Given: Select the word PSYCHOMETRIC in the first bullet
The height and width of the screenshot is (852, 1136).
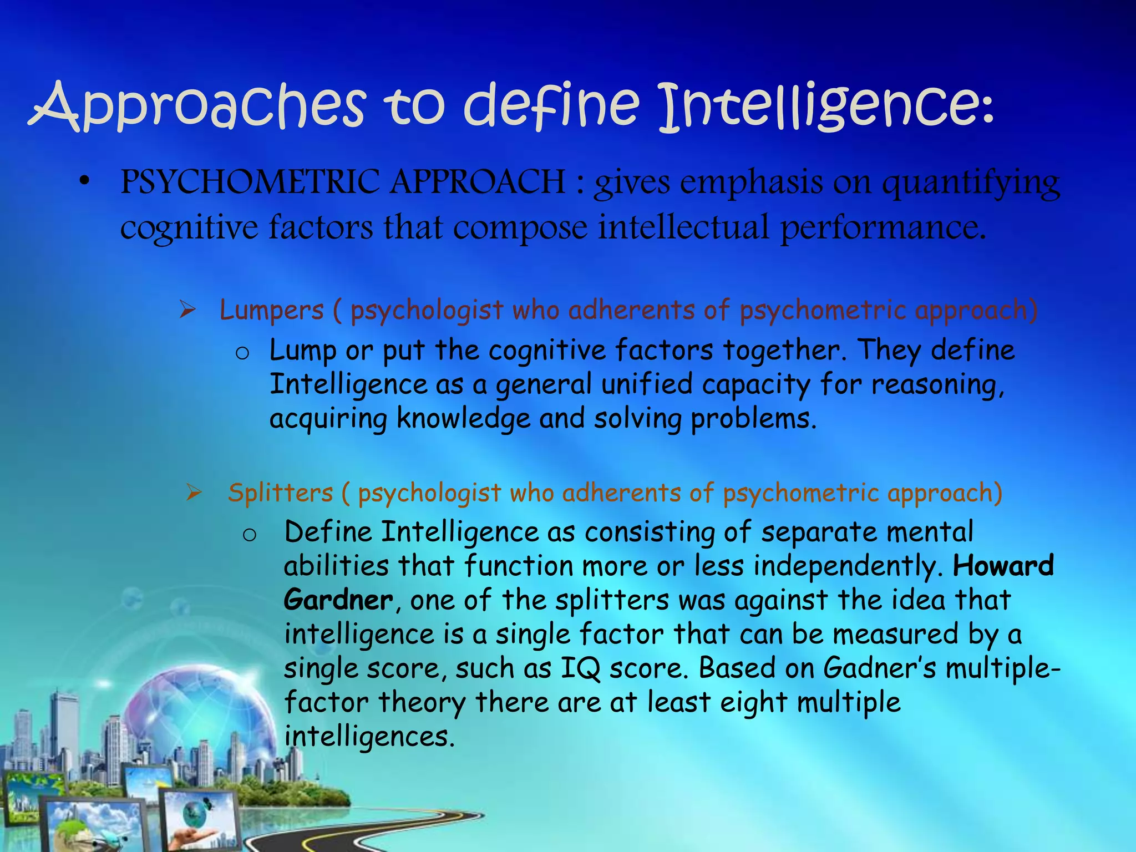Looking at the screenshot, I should tap(250, 182).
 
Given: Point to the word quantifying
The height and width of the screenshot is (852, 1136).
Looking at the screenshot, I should tap(971, 183).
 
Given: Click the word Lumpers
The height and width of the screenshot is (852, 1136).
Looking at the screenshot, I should tap(271, 310).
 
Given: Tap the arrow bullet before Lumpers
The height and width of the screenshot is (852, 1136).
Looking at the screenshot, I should tap(188, 310).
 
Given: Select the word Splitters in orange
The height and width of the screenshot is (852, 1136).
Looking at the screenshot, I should tap(280, 493).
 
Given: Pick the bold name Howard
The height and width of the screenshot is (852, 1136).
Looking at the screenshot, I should tap(1003, 566).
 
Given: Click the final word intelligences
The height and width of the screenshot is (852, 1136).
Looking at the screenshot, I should tap(369, 737).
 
